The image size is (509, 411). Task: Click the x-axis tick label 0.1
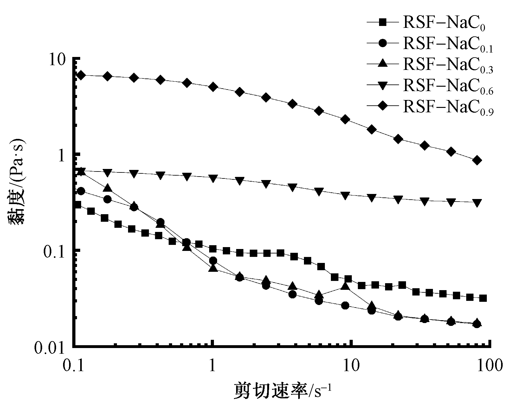point(73,366)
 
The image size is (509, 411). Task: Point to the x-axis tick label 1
point(212,366)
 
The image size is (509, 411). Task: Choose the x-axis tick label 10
point(351,366)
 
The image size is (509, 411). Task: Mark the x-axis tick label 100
point(490,366)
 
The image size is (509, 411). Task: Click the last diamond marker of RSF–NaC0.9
point(477,160)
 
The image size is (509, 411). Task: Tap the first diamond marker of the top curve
point(81,75)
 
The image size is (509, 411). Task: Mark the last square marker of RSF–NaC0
point(483,298)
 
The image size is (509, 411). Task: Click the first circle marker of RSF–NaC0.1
point(81,191)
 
